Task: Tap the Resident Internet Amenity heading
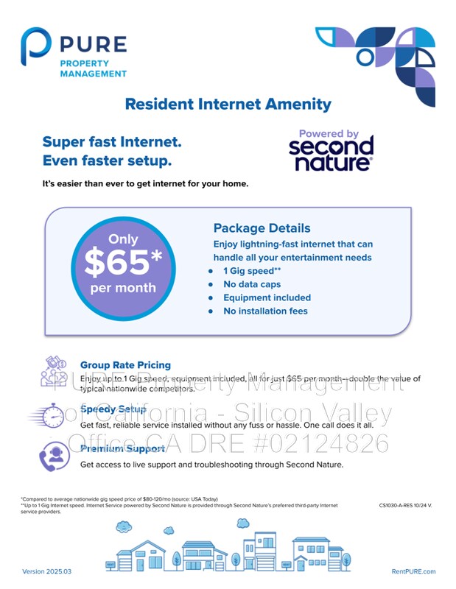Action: (228, 105)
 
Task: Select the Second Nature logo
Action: (331, 151)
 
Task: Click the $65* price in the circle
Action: (123, 262)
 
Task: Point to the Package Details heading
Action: (262, 228)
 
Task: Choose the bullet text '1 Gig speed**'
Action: (252, 271)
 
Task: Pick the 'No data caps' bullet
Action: (253, 284)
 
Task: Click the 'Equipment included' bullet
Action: (267, 297)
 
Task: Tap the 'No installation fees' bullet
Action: (265, 311)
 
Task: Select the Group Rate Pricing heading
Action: (125, 364)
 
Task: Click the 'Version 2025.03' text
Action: (46, 572)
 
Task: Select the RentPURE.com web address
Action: (413, 572)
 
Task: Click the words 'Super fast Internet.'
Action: (112, 141)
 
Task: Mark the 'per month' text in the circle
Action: (123, 288)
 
